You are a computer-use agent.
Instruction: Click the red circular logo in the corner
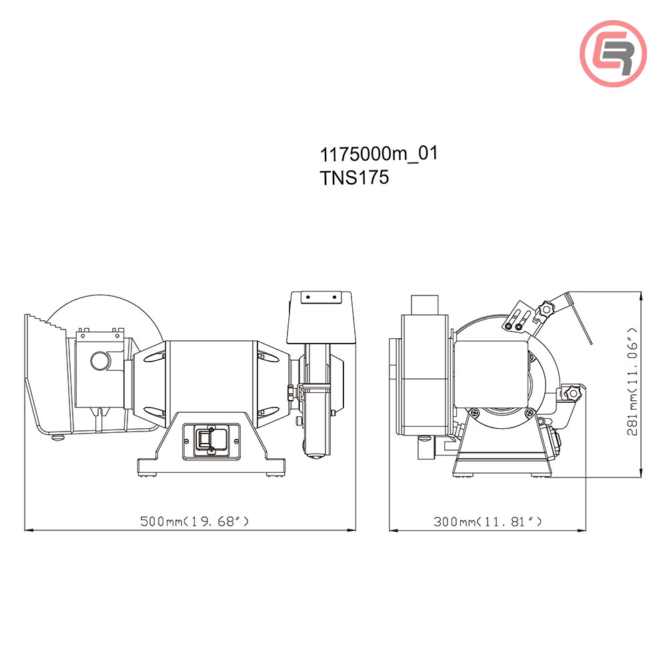pos(613,53)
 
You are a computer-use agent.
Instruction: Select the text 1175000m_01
pos(379,154)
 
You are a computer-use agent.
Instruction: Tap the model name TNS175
pos(354,178)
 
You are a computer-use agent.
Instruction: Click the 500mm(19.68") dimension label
pos(195,521)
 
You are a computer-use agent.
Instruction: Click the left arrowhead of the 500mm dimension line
pos(28,531)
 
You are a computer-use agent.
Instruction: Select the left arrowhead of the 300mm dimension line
pos(393,531)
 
